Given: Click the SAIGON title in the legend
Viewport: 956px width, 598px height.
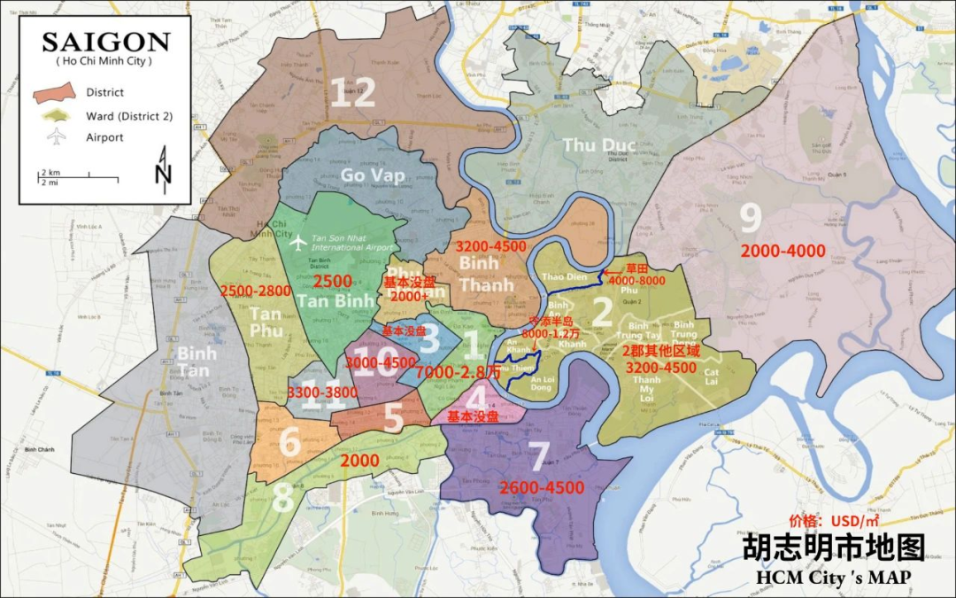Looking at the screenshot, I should (105, 42).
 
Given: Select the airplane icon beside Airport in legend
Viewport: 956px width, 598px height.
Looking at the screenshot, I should (57, 137).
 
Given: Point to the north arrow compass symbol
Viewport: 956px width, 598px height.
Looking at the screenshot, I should (163, 167).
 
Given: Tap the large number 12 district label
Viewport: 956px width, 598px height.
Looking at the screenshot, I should (352, 93).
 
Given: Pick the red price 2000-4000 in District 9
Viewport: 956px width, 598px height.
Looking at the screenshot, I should (783, 251).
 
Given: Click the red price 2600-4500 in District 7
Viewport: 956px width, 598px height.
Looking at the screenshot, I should (541, 488).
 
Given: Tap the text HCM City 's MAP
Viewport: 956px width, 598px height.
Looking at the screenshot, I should (832, 578).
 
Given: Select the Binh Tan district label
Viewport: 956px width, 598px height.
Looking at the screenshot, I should (197, 361).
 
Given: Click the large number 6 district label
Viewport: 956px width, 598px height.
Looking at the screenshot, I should (289, 441).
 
